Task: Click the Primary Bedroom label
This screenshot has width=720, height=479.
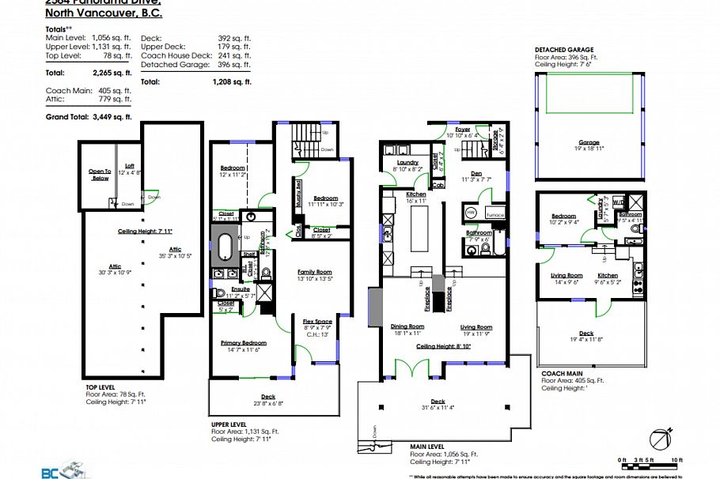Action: point(244,342)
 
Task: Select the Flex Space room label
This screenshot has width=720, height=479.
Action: point(316,321)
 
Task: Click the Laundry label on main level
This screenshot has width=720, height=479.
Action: point(407,162)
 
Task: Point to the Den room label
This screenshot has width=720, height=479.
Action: point(476,173)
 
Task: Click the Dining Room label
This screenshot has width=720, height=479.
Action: point(407,326)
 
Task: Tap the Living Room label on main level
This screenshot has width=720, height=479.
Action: point(477,326)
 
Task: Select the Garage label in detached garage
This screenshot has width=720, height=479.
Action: point(589,143)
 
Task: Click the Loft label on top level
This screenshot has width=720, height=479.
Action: point(129,165)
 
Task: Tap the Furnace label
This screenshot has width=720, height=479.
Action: point(495,214)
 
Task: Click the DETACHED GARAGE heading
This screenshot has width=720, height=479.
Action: point(564,48)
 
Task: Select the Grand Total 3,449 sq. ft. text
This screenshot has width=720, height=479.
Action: point(89,116)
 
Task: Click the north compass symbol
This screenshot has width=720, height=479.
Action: point(660,437)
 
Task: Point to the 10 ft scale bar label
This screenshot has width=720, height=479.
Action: point(676,459)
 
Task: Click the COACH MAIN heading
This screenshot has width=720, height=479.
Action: point(563,372)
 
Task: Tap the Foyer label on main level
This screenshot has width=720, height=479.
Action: point(462,129)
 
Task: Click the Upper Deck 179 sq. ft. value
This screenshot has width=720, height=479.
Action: point(235,47)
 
